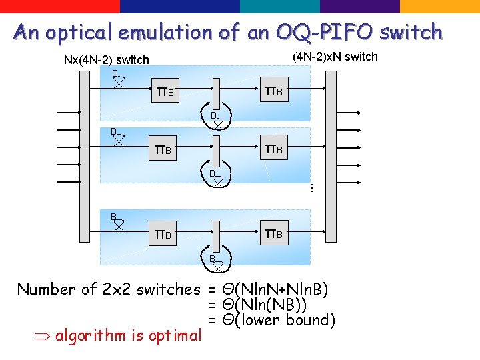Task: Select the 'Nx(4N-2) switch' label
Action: pos(106,60)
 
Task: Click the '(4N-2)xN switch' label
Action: pos(335,57)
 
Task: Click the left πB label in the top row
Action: pos(164,91)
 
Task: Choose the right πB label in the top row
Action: pos(275,91)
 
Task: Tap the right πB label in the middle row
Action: pos(275,149)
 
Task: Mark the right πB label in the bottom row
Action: pos(275,234)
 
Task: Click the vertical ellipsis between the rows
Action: pos(311,189)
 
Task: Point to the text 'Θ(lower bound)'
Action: pos(279,321)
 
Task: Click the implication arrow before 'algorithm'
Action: pos(44,336)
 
